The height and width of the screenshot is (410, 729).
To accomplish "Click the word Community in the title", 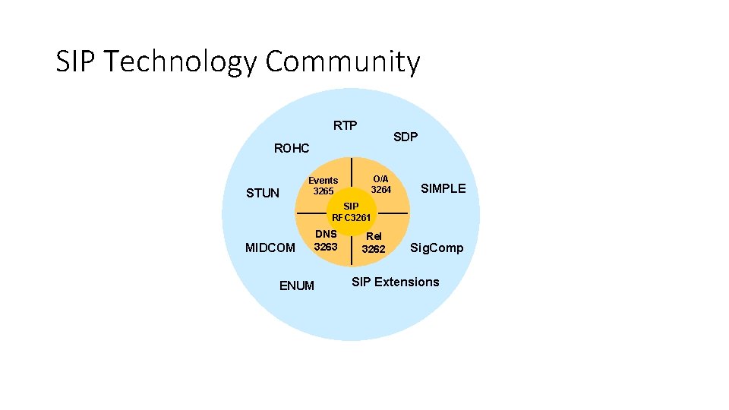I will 342,61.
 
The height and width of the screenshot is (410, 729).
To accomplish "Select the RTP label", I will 345,125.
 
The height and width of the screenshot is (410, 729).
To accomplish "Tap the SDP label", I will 406,137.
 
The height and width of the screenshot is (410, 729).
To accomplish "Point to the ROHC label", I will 292,148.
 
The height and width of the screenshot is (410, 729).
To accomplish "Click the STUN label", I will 263,193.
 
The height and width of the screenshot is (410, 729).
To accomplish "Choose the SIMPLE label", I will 443,188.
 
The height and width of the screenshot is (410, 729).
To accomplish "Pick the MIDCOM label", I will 270,248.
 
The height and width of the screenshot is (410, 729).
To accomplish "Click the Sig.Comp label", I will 437,248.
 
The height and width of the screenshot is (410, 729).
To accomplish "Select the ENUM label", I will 297,285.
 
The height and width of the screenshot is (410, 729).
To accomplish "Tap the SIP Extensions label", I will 395,282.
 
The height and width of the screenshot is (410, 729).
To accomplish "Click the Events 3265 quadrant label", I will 323,185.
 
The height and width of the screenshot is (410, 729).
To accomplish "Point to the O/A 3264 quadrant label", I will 380,183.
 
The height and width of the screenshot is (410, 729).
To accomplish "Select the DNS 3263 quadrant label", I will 326,240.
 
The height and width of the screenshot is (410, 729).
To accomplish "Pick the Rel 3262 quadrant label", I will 374,242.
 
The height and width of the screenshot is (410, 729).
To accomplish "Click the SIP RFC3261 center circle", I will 352,213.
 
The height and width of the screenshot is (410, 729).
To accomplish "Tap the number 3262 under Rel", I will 374,249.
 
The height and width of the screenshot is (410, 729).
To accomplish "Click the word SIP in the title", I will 75,61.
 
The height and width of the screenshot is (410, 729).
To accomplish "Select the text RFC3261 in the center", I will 352,218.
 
